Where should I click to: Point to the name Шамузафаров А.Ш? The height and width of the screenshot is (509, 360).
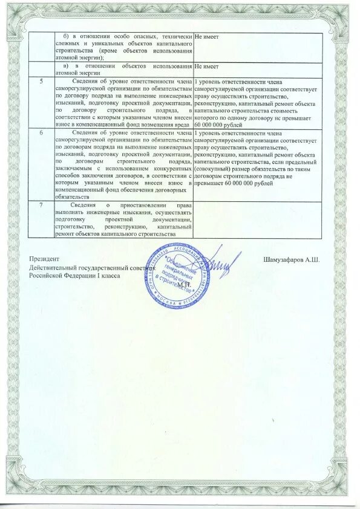pos(291,260)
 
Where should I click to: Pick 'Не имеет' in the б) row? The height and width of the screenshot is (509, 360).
pos(206,37)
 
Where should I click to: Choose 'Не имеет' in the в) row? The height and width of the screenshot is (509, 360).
pos(206,66)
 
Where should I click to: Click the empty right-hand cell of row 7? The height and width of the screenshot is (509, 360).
pos(257,219)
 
